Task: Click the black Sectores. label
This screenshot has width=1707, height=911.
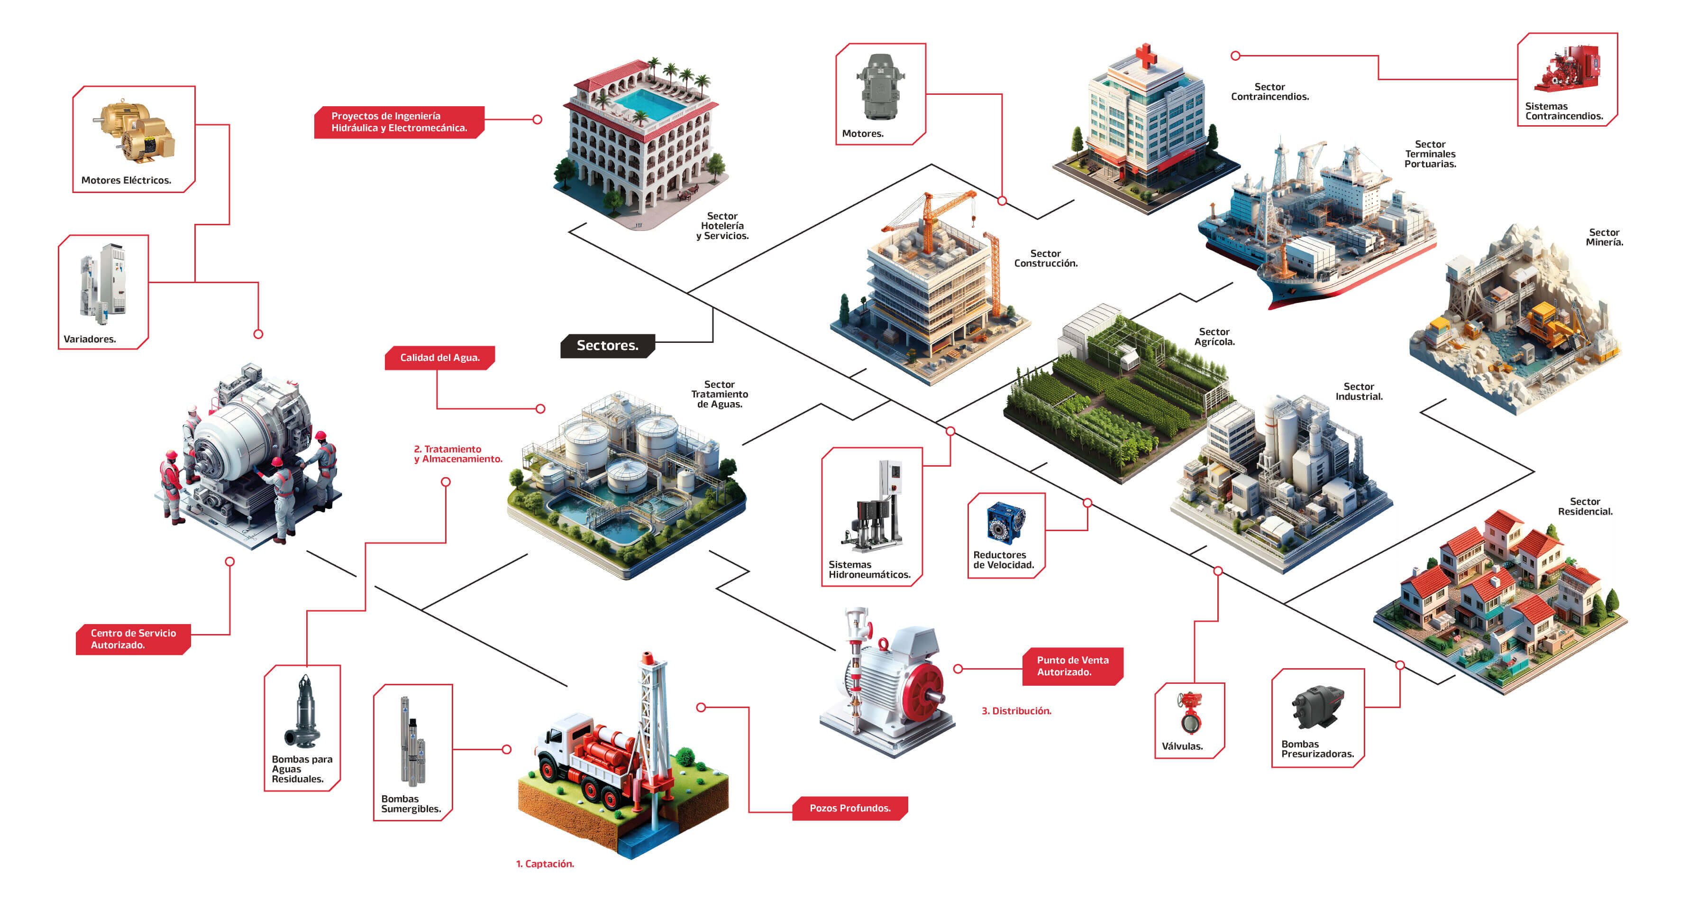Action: click(607, 345)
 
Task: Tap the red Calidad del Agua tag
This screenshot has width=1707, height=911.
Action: click(439, 358)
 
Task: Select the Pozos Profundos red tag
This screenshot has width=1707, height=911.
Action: click(849, 808)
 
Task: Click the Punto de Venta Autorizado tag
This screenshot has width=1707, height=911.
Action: click(1072, 666)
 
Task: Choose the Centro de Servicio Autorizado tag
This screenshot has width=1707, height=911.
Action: click(133, 638)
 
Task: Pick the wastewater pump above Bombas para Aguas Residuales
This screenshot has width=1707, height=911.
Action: click(303, 713)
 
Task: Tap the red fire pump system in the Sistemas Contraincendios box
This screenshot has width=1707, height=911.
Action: click(1567, 68)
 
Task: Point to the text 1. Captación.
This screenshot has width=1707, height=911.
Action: click(545, 863)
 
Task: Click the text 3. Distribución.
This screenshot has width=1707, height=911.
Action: click(1016, 711)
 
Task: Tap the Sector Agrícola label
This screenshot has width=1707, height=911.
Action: click(1214, 337)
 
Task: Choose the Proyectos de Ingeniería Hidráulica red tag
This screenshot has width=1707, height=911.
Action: click(399, 122)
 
